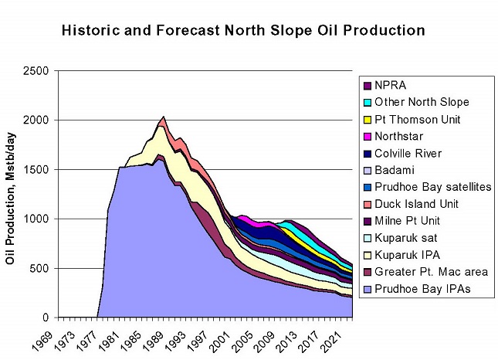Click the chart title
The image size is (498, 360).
pos(242,32)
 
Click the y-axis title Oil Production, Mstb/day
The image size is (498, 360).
pos(12,193)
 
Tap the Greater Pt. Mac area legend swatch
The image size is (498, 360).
pos(368,273)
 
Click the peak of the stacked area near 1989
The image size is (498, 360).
pos(163,117)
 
